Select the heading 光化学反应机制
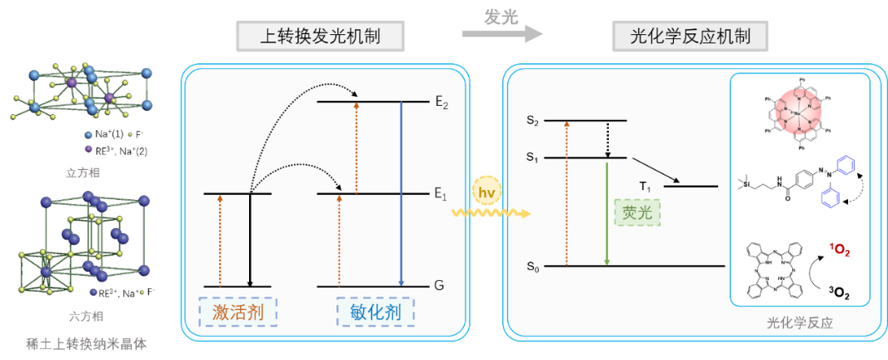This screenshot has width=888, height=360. tap(691, 37)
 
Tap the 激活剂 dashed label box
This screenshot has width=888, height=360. tap(237, 313)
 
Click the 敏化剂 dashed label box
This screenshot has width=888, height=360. tap(375, 313)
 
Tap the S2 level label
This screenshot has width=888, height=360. tap(533, 122)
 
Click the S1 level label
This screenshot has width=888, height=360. tap(533, 157)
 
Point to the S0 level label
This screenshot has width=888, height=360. tap(533, 267)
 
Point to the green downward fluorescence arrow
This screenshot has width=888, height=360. tap(607, 212)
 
